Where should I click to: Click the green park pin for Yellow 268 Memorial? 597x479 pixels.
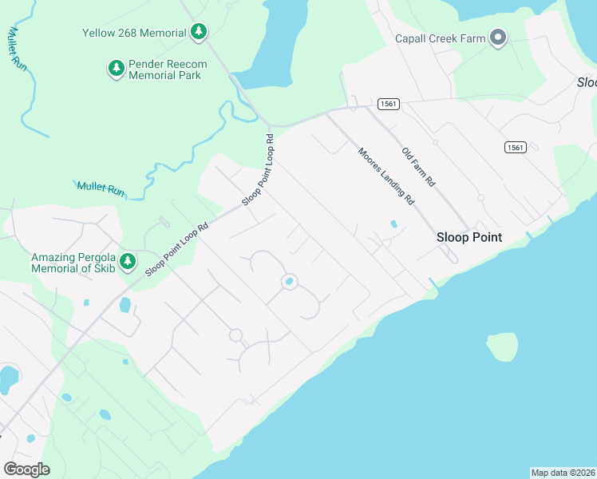[x=199, y=33]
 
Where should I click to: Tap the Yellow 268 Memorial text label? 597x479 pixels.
[x=134, y=34]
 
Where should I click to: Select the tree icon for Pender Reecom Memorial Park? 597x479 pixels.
[x=117, y=69]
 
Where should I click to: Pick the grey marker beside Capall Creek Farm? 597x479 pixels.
[x=498, y=38]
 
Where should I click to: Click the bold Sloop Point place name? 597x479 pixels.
[x=469, y=237]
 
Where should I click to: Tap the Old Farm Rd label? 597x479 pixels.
[x=418, y=167]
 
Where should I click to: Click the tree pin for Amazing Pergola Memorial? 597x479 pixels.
[x=128, y=262]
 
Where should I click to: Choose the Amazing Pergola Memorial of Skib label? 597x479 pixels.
[x=73, y=263]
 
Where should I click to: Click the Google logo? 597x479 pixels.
[x=26, y=469]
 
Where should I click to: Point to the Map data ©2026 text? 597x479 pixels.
[x=563, y=473]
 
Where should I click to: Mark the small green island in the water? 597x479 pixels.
[x=502, y=346]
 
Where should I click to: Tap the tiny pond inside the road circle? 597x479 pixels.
[x=288, y=282]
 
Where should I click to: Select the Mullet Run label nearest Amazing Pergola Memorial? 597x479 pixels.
[x=101, y=189]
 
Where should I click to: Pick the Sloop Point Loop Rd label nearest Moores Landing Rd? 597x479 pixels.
[x=259, y=169]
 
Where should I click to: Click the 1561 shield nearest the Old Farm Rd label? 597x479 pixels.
[x=389, y=104]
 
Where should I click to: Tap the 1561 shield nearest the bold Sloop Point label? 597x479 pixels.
[x=515, y=147]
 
